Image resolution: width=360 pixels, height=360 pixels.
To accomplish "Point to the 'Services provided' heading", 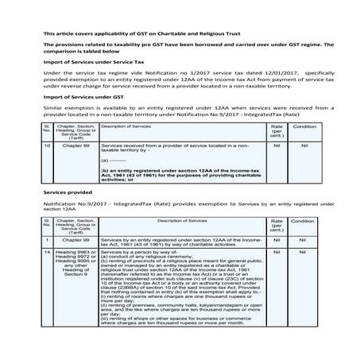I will point(66,194).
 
